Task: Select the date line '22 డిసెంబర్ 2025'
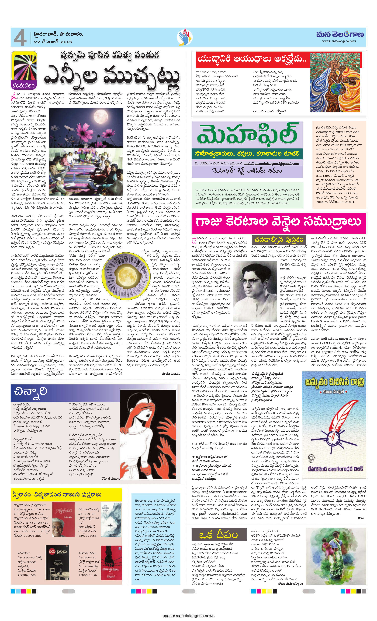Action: (x=53, y=42)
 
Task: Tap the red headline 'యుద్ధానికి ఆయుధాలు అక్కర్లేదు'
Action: (x=252, y=59)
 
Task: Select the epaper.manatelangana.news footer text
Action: (x=188, y=616)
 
